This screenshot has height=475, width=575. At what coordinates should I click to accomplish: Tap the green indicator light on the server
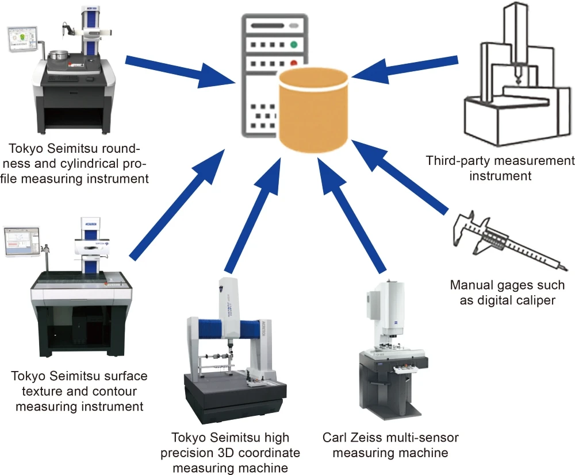coord(294,44)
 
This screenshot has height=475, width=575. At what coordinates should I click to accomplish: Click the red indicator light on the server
coord(294,63)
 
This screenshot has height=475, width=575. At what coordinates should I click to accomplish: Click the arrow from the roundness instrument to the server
coord(172,72)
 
